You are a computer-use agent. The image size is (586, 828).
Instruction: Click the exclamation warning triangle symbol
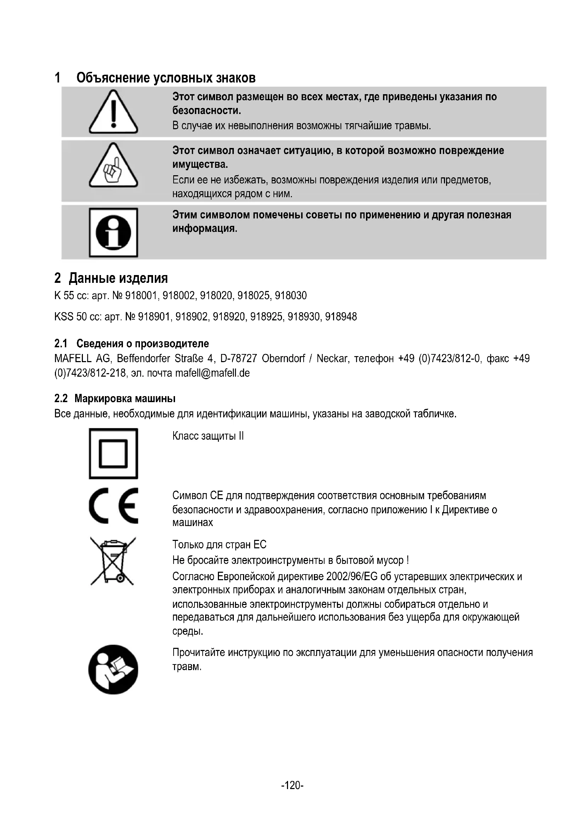click(x=113, y=112)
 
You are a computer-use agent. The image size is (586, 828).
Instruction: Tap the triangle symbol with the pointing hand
click(x=113, y=166)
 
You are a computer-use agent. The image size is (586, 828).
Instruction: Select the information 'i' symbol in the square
click(x=113, y=232)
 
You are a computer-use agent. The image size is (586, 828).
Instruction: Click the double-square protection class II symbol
click(x=113, y=453)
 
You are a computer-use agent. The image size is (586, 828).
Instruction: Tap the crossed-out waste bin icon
click(x=113, y=561)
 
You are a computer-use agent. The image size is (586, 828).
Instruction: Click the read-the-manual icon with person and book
click(x=113, y=669)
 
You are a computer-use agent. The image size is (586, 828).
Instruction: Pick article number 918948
click(x=341, y=316)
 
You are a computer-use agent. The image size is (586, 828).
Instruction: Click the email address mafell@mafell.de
click(x=213, y=373)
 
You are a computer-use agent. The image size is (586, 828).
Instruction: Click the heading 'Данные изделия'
click(x=118, y=278)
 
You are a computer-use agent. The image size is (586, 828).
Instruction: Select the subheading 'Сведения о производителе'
click(x=142, y=343)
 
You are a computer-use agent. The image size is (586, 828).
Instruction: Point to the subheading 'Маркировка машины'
click(x=125, y=399)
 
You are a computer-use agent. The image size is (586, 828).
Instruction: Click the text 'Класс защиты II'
click(x=208, y=436)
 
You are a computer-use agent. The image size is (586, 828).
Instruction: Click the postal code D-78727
click(x=238, y=359)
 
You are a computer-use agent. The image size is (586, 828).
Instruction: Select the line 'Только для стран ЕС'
click(x=219, y=544)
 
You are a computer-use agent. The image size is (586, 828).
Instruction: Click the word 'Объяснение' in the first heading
click(x=113, y=78)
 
